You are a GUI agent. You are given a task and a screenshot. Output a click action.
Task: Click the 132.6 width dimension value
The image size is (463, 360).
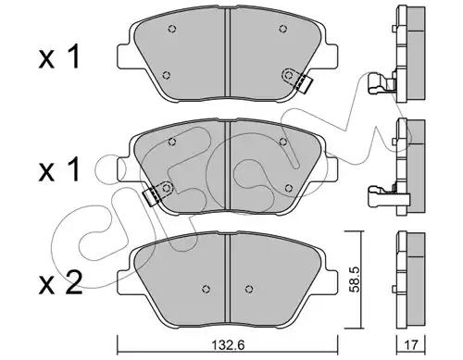click(228, 345)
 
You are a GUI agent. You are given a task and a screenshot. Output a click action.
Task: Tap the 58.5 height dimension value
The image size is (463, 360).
click(354, 279)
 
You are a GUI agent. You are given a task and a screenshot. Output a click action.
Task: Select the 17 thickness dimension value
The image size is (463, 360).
click(411, 345)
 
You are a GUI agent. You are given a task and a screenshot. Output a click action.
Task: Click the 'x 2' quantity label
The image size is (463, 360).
click(60, 282)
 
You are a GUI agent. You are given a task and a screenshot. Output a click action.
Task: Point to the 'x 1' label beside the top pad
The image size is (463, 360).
click(59, 56)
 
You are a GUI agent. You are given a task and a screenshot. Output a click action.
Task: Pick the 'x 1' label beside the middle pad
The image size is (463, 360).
click(59, 169)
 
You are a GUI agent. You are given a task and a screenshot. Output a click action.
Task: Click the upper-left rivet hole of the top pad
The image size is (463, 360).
click(172, 29)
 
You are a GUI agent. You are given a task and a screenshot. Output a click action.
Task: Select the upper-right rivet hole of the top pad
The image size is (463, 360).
click(282, 29)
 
